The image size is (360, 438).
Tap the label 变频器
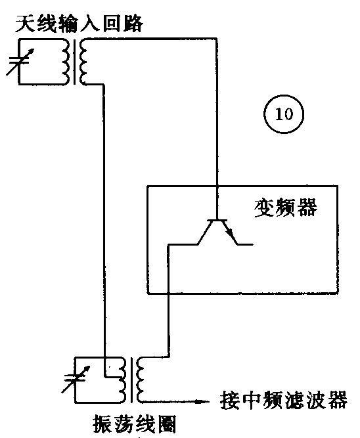pyautogui.click(x=285, y=209)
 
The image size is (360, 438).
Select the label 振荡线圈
pyautogui.click(x=135, y=424)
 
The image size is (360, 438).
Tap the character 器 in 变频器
pyautogui.click(x=306, y=209)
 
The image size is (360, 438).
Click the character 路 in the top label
pyautogui.click(x=134, y=26)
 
